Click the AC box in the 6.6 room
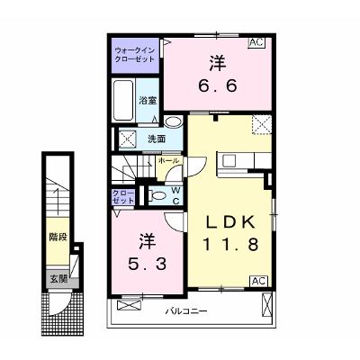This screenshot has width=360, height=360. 256,42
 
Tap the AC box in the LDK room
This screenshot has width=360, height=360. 258,281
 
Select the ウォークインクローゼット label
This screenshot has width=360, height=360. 135,54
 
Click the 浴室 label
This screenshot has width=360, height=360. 148,101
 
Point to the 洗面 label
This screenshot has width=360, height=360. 157,139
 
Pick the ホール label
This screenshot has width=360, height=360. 168,160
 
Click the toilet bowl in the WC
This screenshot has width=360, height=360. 158,196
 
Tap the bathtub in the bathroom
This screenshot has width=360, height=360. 123,100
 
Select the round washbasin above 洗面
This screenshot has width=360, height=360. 174,121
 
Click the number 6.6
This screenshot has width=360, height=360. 218,86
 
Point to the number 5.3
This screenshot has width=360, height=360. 147,264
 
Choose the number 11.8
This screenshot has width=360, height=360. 230,244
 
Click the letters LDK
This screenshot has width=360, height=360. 230,222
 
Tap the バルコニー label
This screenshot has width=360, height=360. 186,311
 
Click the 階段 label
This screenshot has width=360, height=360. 58,238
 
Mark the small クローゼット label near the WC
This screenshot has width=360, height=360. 123,197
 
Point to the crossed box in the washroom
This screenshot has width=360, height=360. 127,139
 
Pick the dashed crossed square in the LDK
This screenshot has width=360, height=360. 262,125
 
